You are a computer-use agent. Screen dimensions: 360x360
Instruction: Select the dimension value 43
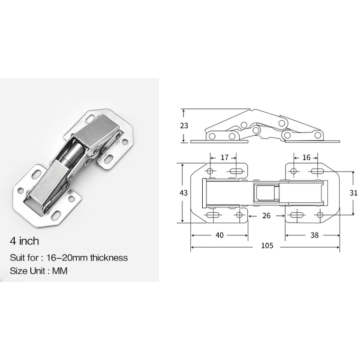click(x=184, y=193)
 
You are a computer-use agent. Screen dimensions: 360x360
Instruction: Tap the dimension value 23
click(x=184, y=126)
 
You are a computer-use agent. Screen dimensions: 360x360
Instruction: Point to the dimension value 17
click(x=225, y=157)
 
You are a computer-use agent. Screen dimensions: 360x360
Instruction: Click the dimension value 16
click(x=306, y=157)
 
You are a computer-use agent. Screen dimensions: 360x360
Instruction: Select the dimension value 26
click(x=266, y=216)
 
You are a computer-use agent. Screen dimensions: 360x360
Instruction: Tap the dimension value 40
click(x=219, y=234)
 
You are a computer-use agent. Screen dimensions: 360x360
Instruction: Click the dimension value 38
click(x=314, y=234)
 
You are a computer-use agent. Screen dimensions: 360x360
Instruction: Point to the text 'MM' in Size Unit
click(x=67, y=271)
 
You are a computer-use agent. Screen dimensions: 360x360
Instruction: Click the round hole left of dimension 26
click(x=240, y=216)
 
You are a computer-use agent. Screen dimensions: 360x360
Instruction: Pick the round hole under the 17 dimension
click(x=210, y=171)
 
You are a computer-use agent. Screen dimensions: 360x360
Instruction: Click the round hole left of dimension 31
click(x=320, y=216)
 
